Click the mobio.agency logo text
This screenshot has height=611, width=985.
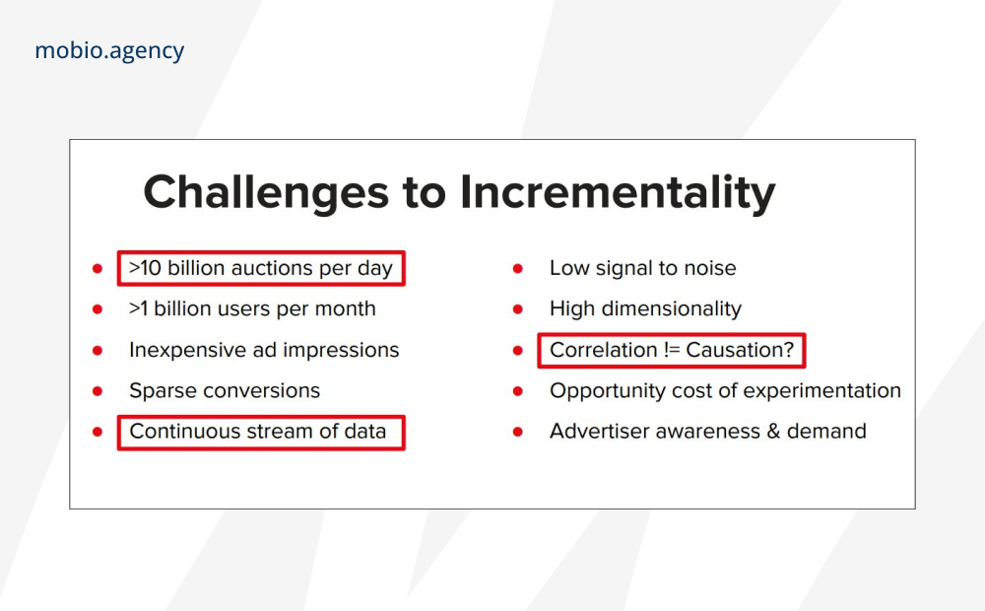click(109, 51)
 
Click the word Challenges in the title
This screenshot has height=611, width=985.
click(266, 193)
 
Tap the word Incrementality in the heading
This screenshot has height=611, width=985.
click(618, 193)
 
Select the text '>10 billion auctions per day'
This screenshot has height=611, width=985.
click(261, 268)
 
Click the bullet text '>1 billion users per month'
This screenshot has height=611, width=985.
click(252, 308)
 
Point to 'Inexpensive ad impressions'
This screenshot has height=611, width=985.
click(264, 350)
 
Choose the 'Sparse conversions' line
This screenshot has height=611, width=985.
click(225, 390)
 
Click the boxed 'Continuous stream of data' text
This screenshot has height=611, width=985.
click(257, 432)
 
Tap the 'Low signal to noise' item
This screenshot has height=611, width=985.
click(642, 268)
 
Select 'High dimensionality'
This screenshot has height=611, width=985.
click(645, 308)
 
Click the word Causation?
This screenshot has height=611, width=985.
click(740, 350)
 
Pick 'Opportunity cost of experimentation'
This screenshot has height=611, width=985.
click(726, 390)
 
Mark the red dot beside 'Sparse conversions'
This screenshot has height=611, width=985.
click(98, 391)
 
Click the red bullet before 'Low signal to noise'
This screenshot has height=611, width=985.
click(518, 269)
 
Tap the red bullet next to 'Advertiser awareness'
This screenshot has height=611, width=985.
click(518, 432)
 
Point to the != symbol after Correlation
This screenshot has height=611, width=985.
click(671, 350)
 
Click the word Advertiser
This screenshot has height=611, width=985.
click(592, 432)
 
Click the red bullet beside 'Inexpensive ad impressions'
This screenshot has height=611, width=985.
click(98, 351)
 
